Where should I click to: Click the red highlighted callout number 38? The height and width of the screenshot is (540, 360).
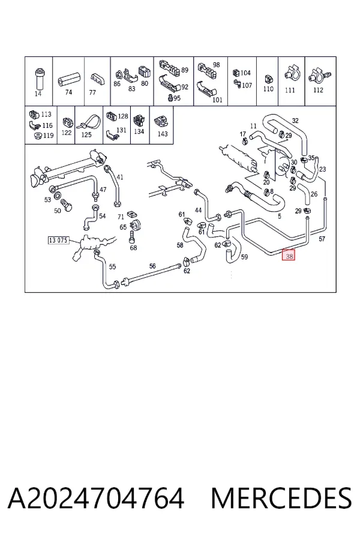pos(289,255)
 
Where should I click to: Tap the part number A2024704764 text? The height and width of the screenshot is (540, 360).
pos(96,499)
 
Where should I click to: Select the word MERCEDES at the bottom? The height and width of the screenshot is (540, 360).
pos(281,499)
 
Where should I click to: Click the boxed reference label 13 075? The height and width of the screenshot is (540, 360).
pos(58,240)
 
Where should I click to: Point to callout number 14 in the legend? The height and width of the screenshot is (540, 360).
pos(38,94)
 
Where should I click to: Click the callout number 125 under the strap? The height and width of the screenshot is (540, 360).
pos(86,134)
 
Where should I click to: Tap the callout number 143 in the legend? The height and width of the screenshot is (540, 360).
pos(162,133)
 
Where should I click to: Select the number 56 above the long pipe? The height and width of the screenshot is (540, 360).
pos(152,266)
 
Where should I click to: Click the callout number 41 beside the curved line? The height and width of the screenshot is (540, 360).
pos(119,177)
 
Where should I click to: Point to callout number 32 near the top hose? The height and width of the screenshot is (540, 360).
pos(295,121)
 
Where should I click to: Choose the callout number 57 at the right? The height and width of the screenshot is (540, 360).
pos(322,239)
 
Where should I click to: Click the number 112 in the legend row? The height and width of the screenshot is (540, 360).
pos(318,90)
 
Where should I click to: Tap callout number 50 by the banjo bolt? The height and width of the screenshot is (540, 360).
pos(58,211)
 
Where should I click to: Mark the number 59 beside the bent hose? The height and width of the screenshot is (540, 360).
pos(244,257)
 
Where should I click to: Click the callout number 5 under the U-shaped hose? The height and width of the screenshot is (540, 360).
pos(280,216)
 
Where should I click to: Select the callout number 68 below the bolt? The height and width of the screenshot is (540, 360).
pos(133,248)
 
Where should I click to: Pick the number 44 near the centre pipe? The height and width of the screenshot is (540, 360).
pos(198,210)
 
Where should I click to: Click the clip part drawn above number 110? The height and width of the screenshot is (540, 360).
pos(268,79)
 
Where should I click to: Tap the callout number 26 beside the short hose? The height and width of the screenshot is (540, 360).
pos(314,194)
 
